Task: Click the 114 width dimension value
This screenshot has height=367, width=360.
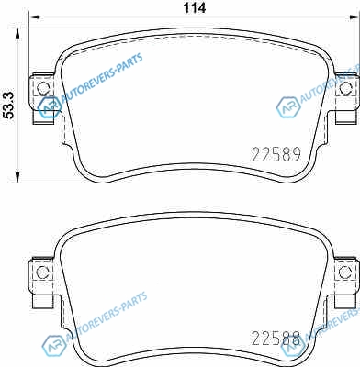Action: click(195, 7)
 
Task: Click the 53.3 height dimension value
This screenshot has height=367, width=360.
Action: click(9, 106)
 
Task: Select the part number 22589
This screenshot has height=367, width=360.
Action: click(276, 154)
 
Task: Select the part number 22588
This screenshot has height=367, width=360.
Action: click(276, 339)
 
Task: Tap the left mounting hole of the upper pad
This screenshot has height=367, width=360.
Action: click(42, 88)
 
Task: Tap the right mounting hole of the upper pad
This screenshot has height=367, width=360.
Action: click(345, 88)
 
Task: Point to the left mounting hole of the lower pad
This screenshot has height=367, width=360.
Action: click(42, 272)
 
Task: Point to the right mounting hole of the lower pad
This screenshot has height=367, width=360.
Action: click(345, 272)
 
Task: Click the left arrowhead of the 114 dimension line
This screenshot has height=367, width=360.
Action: click(33, 17)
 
